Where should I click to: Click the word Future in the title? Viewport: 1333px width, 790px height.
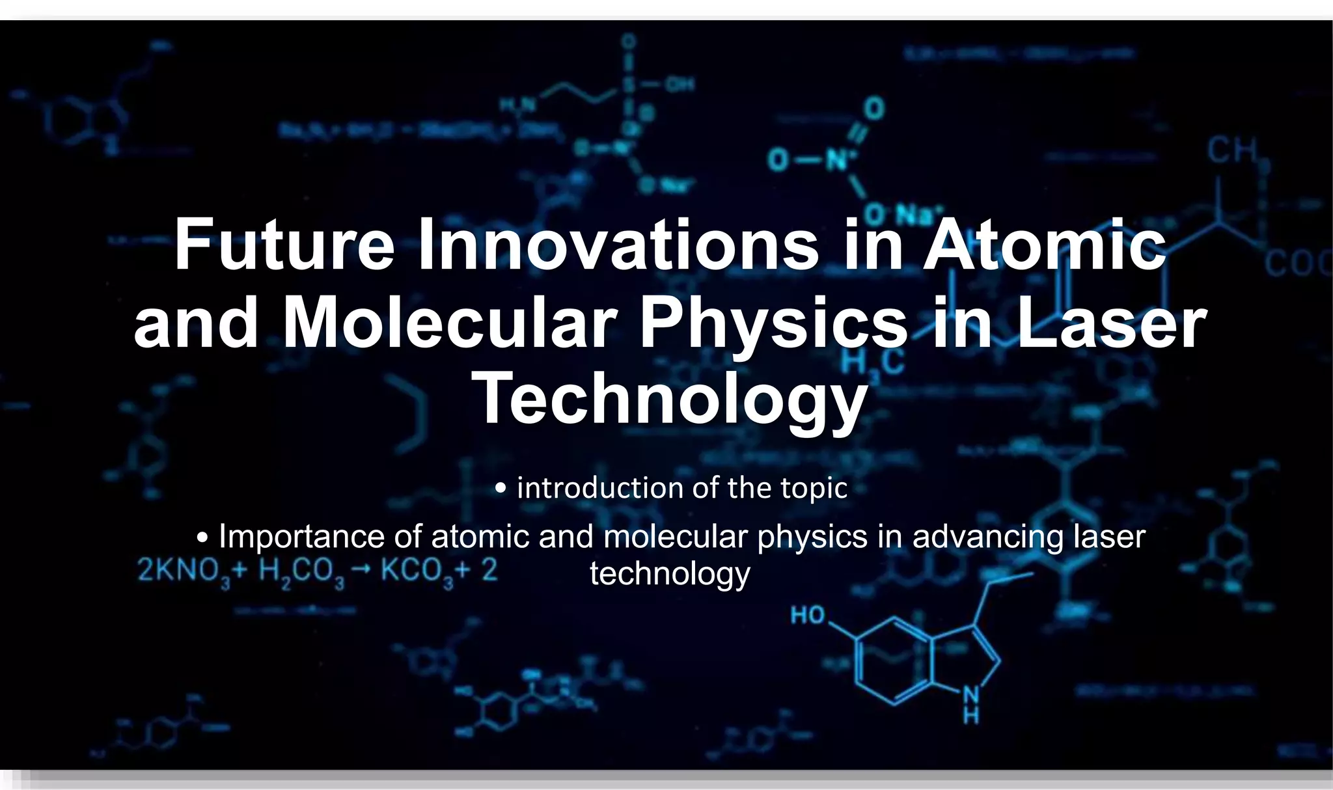click(284, 245)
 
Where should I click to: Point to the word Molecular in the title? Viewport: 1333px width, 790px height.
click(449, 322)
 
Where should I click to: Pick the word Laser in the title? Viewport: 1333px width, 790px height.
click(1110, 322)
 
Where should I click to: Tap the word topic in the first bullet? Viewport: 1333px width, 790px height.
click(814, 488)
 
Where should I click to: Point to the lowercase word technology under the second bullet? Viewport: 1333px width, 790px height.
click(670, 574)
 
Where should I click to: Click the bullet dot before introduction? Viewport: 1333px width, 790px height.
click(501, 488)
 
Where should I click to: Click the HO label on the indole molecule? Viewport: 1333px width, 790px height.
click(808, 615)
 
